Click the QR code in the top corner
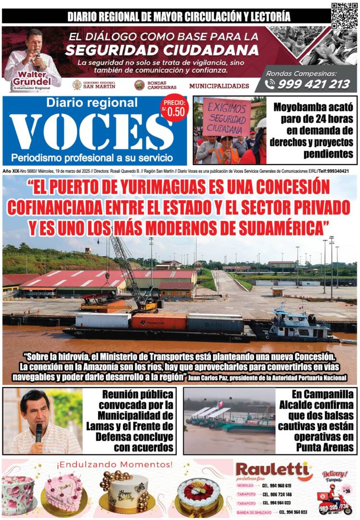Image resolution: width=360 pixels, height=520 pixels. (x=344, y=15)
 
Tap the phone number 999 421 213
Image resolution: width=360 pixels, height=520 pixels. (x=313, y=84)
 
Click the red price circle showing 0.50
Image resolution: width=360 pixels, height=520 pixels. (x=174, y=108)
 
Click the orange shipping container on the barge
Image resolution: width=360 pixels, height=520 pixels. (x=159, y=321)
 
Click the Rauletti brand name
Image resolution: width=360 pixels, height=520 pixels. (x=272, y=470)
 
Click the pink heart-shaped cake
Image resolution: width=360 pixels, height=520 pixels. (x=63, y=491)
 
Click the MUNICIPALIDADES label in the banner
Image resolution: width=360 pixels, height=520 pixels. (x=219, y=86)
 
